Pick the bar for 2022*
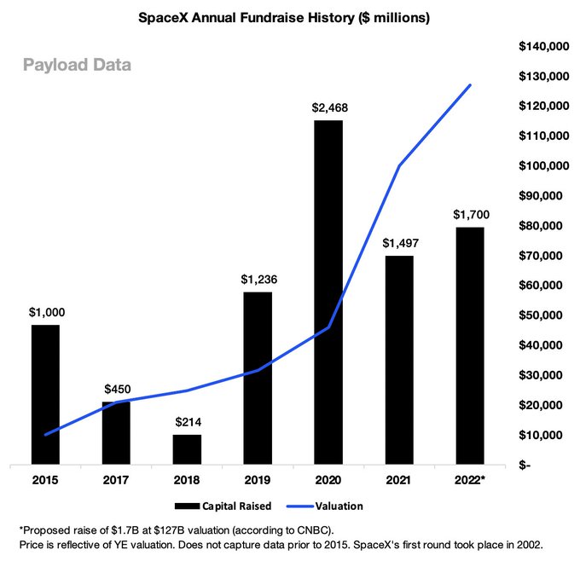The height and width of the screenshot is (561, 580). point(470,345)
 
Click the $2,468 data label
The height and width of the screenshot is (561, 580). point(329,107)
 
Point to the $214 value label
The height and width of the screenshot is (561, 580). point(187,422)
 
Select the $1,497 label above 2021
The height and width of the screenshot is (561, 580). point(399,243)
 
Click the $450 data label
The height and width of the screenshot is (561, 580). point(117,389)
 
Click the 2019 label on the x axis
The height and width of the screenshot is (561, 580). point(258,479)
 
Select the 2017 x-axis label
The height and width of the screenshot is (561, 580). point(117,479)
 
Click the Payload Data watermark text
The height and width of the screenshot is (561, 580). point(77,65)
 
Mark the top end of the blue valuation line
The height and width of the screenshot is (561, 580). point(470,84)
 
